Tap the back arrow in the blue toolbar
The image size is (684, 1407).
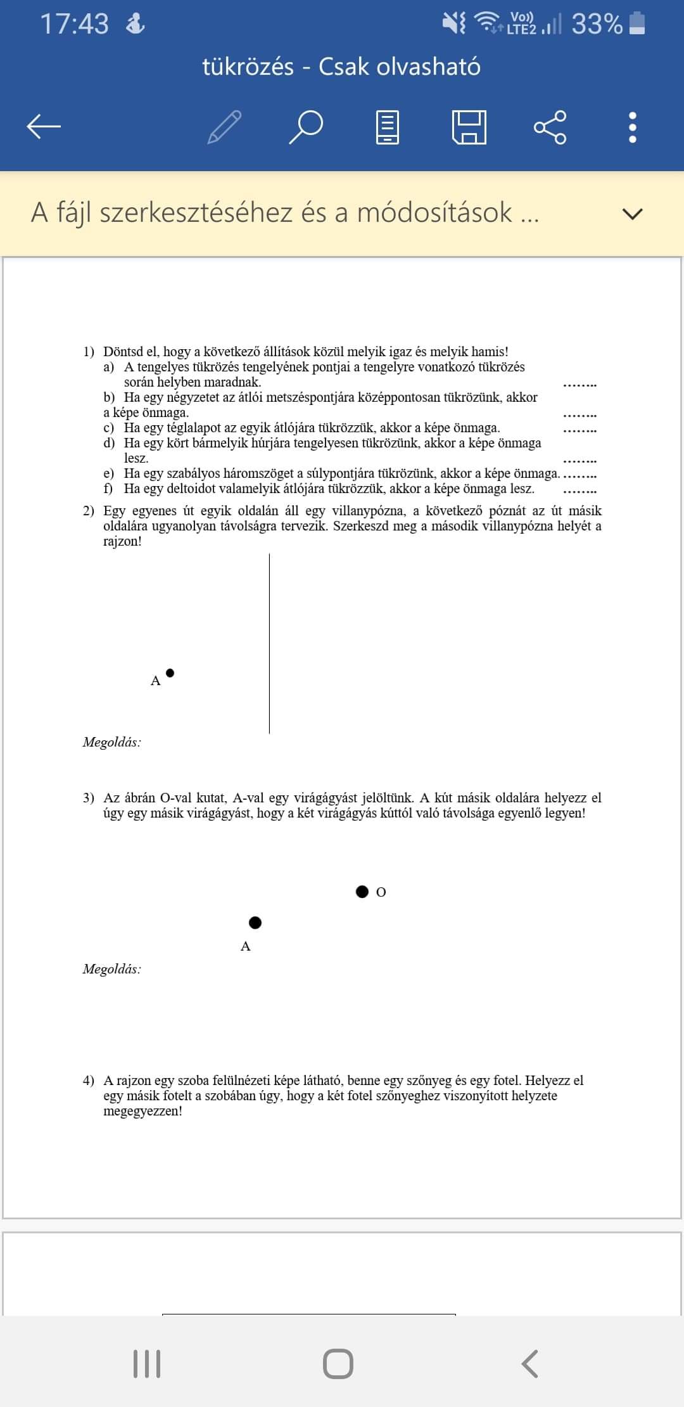pyautogui.click(x=44, y=127)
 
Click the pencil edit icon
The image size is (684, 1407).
pyautogui.click(x=225, y=127)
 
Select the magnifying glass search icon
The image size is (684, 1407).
pyautogui.click(x=306, y=127)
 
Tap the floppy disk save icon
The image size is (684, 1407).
pyautogui.click(x=469, y=127)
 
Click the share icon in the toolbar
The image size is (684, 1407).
pyautogui.click(x=550, y=127)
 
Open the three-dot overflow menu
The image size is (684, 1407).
pyautogui.click(x=632, y=127)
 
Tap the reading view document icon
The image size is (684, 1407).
pyautogui.click(x=388, y=127)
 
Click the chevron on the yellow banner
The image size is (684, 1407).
pyautogui.click(x=632, y=214)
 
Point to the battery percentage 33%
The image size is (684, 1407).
pyautogui.click(x=597, y=24)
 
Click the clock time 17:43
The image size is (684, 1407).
pyautogui.click(x=75, y=24)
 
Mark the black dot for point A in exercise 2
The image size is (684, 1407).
pyautogui.click(x=170, y=673)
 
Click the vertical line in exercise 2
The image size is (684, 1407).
pyautogui.click(x=269, y=643)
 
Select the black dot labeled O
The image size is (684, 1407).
pyautogui.click(x=362, y=892)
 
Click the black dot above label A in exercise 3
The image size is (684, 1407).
pyautogui.click(x=255, y=922)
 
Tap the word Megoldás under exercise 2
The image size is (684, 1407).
pyautogui.click(x=112, y=742)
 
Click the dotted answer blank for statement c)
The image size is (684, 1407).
pyautogui.click(x=579, y=430)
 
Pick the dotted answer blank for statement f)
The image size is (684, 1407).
pyautogui.click(x=579, y=491)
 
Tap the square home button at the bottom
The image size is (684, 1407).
pyautogui.click(x=338, y=1363)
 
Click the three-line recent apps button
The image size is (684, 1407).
pyautogui.click(x=147, y=1363)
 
